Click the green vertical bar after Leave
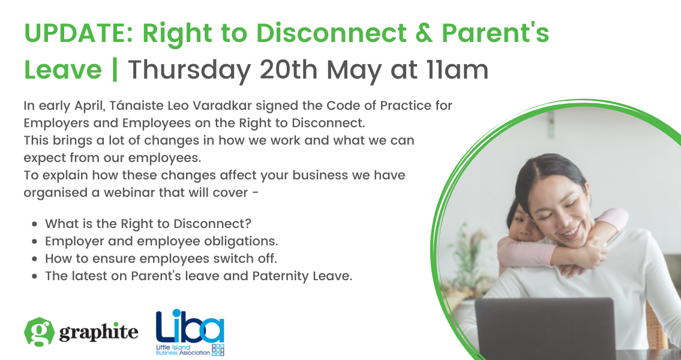(115, 70)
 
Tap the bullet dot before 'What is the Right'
(35, 224)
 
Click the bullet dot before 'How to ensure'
(35, 259)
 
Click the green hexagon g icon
(40, 331)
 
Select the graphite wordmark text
(99, 332)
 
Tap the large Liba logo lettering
(190, 326)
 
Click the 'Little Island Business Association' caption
(183, 350)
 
